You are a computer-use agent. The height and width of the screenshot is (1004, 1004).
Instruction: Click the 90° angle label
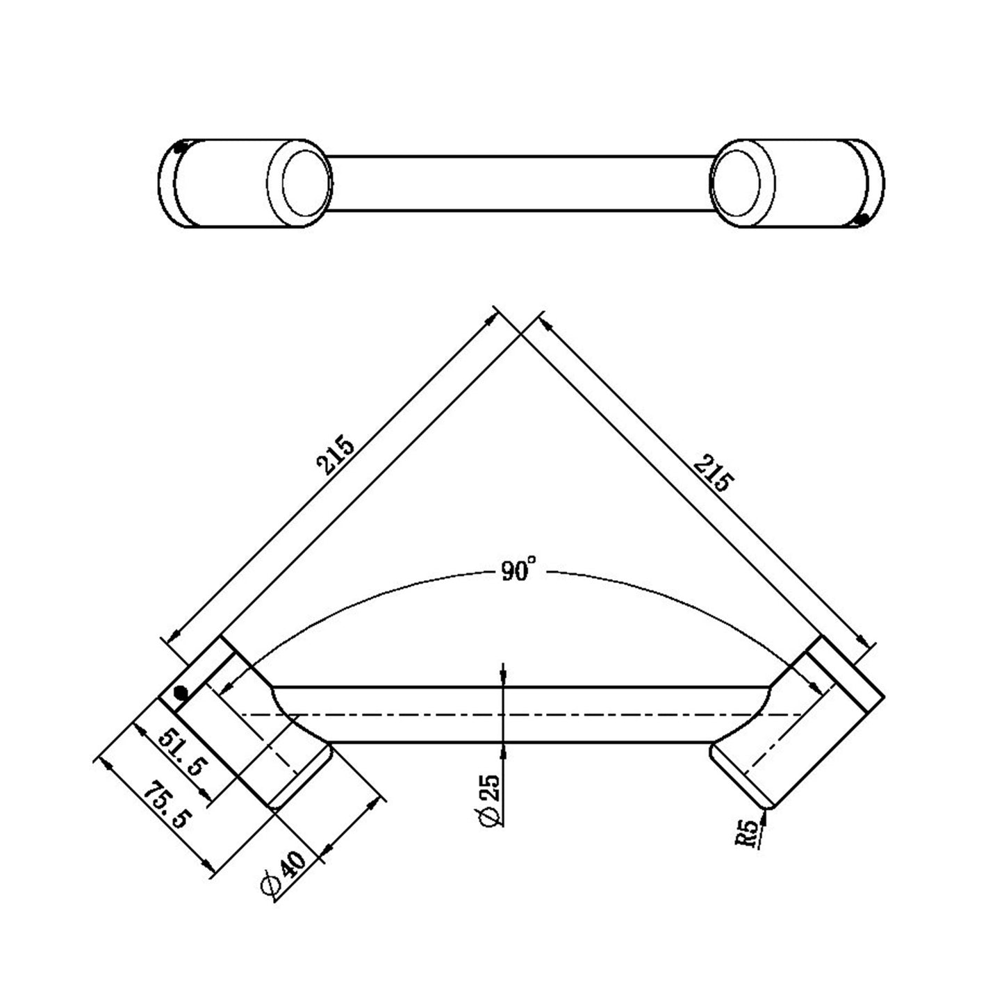[x=518, y=572]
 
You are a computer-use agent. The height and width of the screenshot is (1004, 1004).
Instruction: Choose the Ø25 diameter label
[x=489, y=798]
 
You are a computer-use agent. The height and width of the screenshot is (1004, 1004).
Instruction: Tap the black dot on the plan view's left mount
[x=181, y=693]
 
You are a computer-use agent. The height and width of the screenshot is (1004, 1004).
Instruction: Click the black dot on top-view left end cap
[x=180, y=147]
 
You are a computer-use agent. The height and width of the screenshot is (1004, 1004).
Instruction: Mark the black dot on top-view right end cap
[x=862, y=220]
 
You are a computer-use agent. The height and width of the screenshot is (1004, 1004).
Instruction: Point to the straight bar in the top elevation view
[x=521, y=182]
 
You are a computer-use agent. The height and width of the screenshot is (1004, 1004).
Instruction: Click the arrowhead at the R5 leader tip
[x=765, y=814]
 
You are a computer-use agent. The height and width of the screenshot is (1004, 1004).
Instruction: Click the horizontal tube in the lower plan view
[x=521, y=714]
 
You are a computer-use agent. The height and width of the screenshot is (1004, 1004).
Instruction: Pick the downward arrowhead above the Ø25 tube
[x=502, y=677]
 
